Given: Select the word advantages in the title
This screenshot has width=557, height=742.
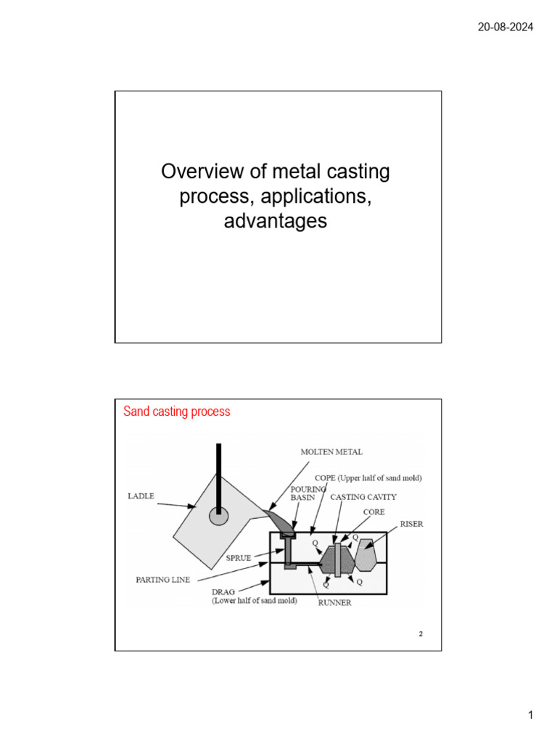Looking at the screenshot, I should (x=275, y=221).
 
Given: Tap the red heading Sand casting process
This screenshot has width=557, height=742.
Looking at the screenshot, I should (x=177, y=412).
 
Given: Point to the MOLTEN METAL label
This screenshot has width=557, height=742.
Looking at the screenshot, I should (x=331, y=451).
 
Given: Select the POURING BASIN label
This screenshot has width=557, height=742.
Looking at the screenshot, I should (x=308, y=493).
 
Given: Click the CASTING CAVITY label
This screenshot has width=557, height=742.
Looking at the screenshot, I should (x=363, y=498).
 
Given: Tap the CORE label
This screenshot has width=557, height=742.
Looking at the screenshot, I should (x=374, y=512).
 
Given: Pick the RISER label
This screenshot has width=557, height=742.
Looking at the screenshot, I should (x=411, y=524).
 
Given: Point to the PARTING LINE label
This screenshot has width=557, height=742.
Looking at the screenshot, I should (x=163, y=580).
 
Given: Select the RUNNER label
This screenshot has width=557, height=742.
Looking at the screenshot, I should (x=334, y=603).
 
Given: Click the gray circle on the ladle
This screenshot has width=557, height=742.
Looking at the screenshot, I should (x=218, y=516).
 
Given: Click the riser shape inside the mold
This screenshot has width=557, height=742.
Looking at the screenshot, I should (x=365, y=555).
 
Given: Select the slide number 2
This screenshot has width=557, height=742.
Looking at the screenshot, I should (x=420, y=635).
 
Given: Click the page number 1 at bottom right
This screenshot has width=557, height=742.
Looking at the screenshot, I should (x=530, y=716).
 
